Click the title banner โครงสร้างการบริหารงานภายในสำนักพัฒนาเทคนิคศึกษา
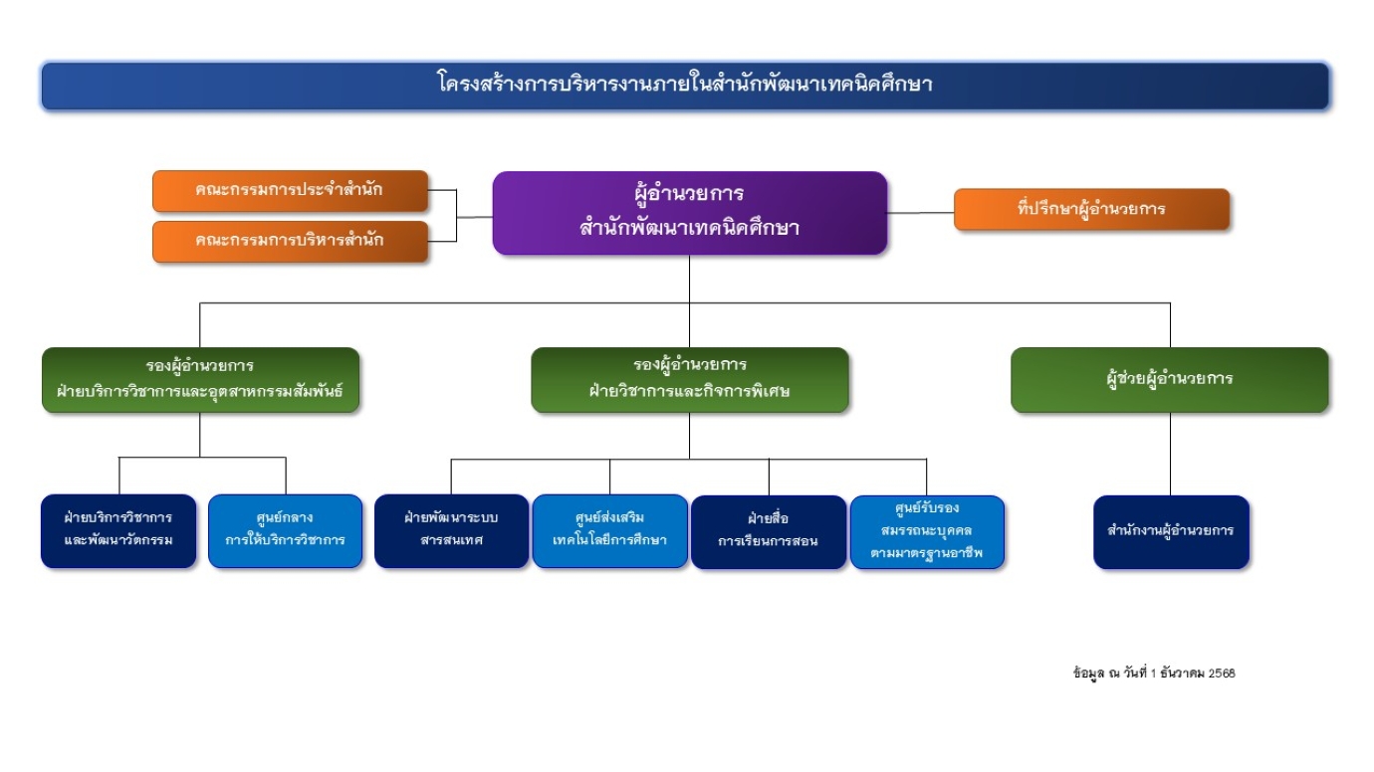pos(685,86)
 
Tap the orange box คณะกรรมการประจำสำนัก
pos(290,191)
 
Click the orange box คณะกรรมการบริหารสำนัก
pos(290,241)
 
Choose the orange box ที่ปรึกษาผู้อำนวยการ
pos(1091,210)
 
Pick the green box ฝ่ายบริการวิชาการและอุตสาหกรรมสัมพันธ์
pos(200,379)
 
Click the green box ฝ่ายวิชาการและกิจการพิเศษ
pos(689,379)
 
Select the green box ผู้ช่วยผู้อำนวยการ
pos(1169,379)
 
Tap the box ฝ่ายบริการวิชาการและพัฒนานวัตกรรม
pos(118,530)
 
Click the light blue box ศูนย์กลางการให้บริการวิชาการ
pos(285,530)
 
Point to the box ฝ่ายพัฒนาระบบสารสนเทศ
pos(451,530)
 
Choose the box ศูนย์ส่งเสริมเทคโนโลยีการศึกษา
pos(609,530)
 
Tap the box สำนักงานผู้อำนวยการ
pos(1170,531)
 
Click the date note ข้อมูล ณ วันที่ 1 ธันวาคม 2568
pos(1153,674)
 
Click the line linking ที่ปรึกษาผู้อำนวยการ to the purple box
pos(920,212)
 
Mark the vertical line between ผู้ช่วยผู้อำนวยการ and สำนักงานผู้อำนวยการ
pos(1170,454)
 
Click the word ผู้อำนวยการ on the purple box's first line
pos(689,192)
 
